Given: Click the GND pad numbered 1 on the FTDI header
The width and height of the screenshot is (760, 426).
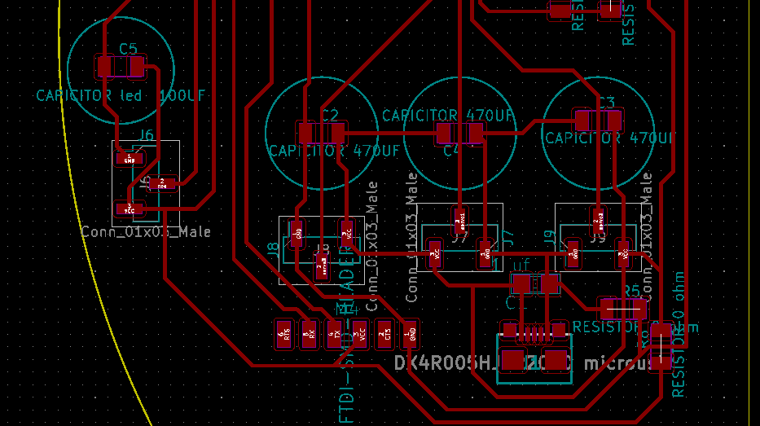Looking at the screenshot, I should click(411, 334).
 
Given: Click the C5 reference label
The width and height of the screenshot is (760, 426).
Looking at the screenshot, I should click(128, 49).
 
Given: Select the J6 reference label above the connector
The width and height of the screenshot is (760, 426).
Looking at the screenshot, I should click(146, 135).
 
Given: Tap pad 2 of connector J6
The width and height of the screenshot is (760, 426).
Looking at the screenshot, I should click(163, 183).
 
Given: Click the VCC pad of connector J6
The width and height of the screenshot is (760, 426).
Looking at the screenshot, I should click(126, 209).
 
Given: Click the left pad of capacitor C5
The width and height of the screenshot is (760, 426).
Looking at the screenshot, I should click(105, 66).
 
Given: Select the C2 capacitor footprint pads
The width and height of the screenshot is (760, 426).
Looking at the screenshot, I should click(321, 132).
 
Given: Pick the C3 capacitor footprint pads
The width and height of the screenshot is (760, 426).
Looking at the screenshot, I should click(599, 121).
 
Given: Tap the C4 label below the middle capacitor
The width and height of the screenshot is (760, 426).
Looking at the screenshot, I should click(450, 151).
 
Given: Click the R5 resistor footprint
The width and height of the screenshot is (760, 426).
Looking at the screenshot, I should click(623, 309).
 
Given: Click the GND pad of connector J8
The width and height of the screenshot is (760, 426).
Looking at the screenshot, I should click(297, 235).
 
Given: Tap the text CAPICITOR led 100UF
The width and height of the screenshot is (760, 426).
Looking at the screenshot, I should click(121, 95).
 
